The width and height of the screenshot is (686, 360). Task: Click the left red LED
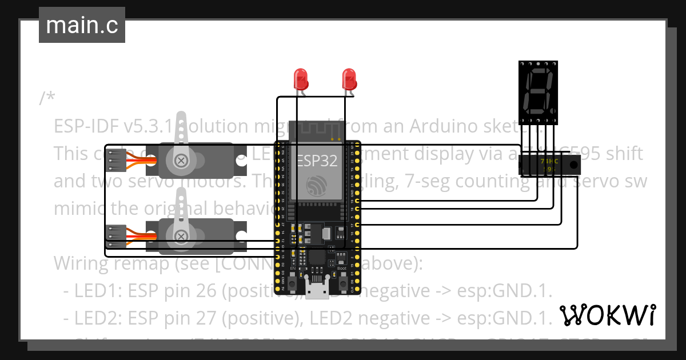300,79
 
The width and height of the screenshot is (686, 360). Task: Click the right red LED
348,79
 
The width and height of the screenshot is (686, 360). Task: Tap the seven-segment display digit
538,91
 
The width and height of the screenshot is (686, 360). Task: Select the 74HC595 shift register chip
549,166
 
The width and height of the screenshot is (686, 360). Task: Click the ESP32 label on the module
317,161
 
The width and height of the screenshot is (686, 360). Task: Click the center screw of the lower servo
182,235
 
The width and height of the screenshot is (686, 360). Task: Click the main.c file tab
82,25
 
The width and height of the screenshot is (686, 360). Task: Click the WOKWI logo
607,315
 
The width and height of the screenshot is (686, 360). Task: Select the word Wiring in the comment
81,263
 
